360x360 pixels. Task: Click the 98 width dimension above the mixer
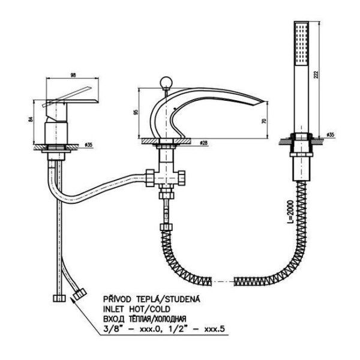(x=73, y=75)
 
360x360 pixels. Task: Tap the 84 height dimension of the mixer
(x=31, y=119)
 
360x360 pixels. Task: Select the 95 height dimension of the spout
(x=136, y=112)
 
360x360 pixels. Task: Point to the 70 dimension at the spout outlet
(x=264, y=121)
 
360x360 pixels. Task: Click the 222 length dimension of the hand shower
(x=316, y=75)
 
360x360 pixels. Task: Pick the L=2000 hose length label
(x=290, y=212)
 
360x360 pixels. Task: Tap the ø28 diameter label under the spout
(x=203, y=143)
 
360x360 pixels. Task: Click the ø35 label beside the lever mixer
(x=88, y=145)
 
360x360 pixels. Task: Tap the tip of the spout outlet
(x=267, y=101)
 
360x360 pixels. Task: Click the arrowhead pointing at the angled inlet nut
(x=73, y=299)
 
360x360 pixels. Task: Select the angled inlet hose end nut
(x=80, y=293)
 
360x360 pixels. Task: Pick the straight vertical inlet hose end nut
(x=59, y=298)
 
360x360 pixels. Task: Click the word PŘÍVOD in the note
(x=117, y=299)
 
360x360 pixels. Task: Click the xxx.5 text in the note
(x=214, y=329)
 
